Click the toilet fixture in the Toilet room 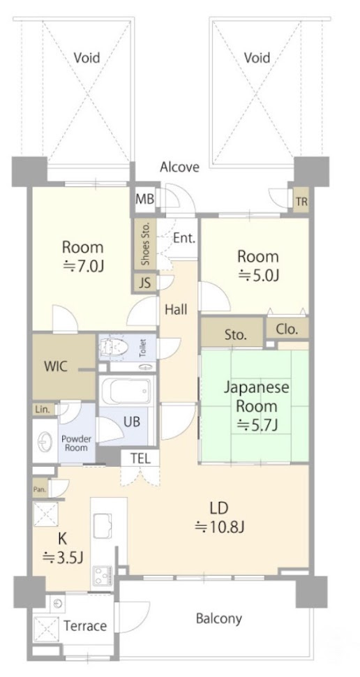click(x=112, y=346)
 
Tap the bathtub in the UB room click(x=125, y=390)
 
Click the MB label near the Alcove click(x=144, y=199)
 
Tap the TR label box click(x=301, y=202)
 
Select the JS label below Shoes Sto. click(x=144, y=284)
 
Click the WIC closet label click(x=56, y=366)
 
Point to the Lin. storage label click(x=43, y=409)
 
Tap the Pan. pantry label click(x=40, y=490)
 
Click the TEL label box click(x=140, y=459)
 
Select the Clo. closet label click(x=287, y=329)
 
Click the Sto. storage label click(x=236, y=334)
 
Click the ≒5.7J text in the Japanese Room click(x=257, y=425)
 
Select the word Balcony click(x=219, y=618)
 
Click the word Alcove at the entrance click(x=179, y=167)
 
